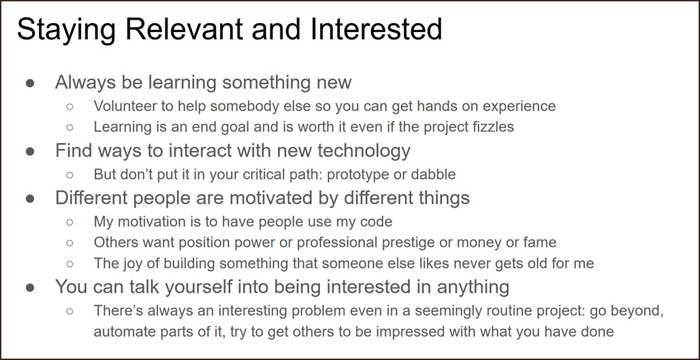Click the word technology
click(x=364, y=152)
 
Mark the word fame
click(x=540, y=243)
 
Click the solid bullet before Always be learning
click(x=29, y=84)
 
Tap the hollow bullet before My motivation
click(x=69, y=222)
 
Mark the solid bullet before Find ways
click(x=29, y=152)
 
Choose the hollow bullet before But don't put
click(x=69, y=174)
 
